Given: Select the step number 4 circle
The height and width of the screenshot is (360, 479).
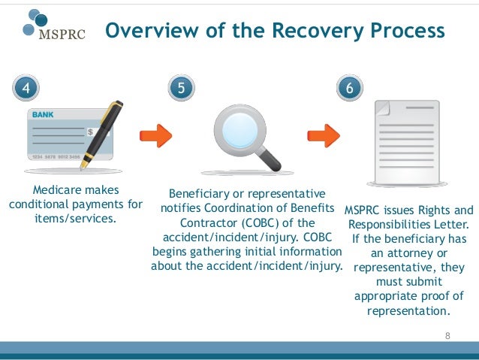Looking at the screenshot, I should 26,88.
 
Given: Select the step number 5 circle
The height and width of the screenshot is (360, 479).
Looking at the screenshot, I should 181,88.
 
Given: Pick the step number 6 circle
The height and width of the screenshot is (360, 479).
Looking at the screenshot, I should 349,88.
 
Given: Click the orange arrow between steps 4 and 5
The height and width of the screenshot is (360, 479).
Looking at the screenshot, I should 156,137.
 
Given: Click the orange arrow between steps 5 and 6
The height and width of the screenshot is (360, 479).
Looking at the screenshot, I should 324,137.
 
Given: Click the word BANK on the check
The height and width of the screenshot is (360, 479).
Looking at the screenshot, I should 43,115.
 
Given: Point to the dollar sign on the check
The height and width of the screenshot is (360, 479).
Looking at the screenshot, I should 91,132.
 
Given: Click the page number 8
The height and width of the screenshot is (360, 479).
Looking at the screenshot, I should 448,335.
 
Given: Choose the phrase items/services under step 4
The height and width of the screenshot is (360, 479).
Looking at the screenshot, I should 76,218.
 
